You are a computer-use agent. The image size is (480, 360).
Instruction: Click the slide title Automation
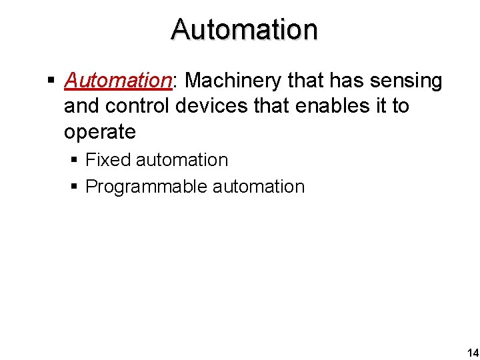[x=244, y=29]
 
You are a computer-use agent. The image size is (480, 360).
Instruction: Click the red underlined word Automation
[x=117, y=81]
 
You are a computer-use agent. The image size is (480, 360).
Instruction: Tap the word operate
[x=99, y=132]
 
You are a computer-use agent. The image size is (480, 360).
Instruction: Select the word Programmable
[x=147, y=187]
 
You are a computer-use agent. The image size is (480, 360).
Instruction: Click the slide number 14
[x=472, y=353]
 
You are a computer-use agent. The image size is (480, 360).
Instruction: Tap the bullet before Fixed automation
[x=75, y=161]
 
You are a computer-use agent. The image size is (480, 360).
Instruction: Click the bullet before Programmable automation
[x=75, y=187]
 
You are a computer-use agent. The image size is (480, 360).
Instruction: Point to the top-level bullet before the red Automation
[x=51, y=81]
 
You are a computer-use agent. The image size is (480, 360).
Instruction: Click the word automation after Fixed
[x=181, y=160]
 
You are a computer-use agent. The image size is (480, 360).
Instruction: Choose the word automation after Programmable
[x=259, y=187]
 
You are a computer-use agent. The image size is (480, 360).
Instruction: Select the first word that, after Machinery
[x=305, y=81]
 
